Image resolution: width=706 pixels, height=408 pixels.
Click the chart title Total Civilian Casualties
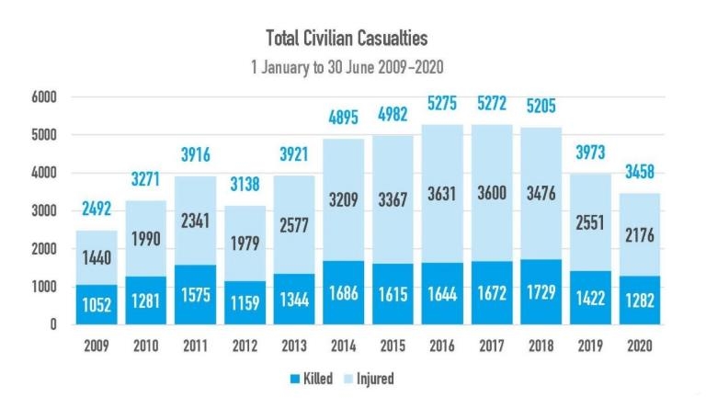[x=347, y=39]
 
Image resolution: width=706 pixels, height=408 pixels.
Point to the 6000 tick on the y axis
[x=42, y=96]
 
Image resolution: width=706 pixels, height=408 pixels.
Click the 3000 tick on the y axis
[x=42, y=210]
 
